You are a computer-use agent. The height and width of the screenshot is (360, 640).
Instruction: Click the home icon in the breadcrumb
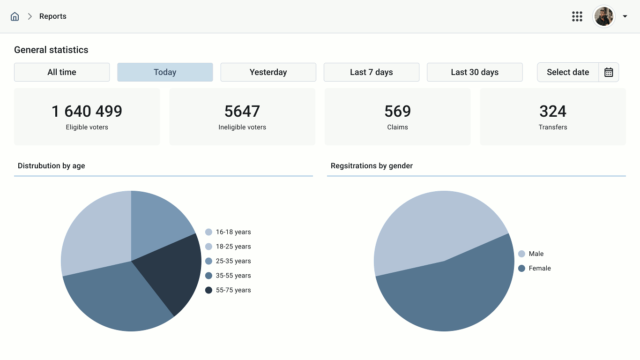15,16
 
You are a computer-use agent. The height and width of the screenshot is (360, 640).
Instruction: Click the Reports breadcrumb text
53,16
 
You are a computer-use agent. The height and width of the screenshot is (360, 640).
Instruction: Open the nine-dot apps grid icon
577,16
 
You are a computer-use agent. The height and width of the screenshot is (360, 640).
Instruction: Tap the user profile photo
604,16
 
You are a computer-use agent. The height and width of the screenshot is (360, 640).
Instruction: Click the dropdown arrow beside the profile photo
625,16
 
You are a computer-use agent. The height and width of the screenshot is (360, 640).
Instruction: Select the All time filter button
62,72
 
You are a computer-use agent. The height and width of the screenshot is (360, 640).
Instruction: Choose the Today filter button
165,72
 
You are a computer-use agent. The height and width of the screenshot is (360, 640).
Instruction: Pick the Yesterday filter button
268,72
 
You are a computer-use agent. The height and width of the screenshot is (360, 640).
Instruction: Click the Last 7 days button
372,72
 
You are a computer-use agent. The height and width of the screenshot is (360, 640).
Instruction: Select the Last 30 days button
475,72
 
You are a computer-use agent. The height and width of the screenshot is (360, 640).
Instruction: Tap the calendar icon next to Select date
609,72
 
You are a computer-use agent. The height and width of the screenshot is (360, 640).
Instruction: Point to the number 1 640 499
87,111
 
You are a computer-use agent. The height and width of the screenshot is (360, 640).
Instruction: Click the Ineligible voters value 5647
242,111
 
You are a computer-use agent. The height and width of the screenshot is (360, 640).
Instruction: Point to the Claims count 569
397,111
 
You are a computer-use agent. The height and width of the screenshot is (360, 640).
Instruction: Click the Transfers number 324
553,111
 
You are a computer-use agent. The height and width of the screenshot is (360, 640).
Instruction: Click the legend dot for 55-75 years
208,290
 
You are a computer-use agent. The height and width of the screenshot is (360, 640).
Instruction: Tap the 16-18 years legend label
233,232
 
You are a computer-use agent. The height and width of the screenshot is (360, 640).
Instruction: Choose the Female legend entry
535,268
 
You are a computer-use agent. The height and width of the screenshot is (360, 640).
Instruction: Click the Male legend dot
521,254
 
